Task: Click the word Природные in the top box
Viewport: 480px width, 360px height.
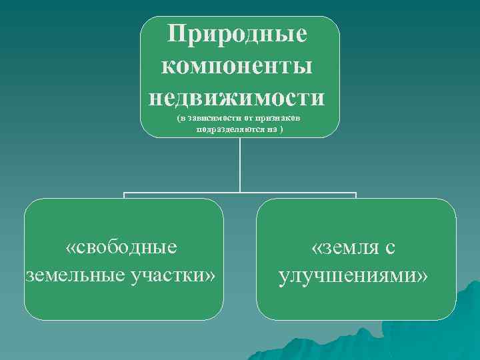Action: [x=240, y=34]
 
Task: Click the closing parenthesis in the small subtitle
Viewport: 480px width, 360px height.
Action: [x=281, y=129]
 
